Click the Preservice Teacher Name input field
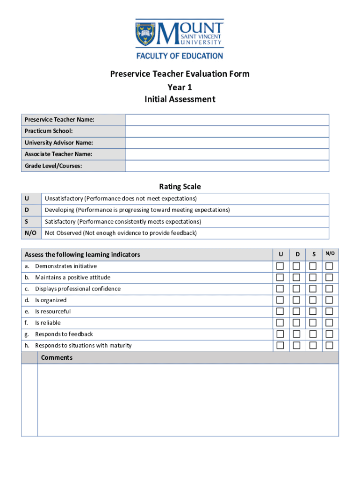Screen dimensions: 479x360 227,120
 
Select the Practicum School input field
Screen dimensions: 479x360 227,131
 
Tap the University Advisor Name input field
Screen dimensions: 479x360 227,143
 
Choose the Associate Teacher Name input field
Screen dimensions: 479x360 227,154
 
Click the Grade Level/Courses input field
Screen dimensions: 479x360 227,166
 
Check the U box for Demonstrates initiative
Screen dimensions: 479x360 280,266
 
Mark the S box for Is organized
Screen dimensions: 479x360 313,300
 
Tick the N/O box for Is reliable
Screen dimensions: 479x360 330,323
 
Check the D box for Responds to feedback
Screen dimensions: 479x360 296,334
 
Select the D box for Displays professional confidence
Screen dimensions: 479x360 296,289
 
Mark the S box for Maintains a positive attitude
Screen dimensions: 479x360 313,277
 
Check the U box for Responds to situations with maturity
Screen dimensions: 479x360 280,346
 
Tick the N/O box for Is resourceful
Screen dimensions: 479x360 330,312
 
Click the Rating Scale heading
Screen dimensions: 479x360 180,187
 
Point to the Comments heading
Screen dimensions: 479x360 57,358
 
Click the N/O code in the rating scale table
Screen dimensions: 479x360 30,233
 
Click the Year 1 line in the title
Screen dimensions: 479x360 180,87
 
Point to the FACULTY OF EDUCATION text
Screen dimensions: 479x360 180,56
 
